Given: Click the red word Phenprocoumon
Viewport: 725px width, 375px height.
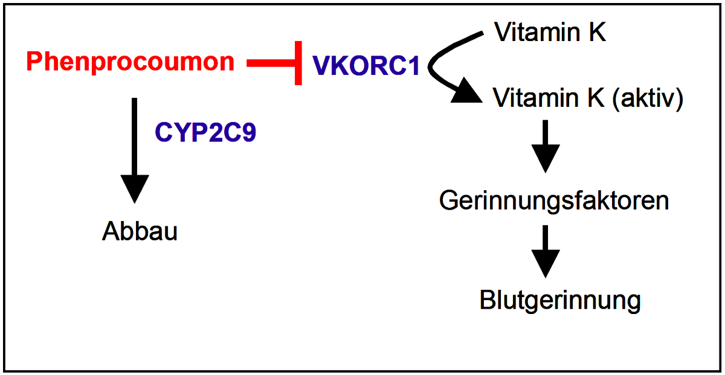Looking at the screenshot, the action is [130, 62].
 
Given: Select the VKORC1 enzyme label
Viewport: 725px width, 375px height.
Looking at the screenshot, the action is [366, 66].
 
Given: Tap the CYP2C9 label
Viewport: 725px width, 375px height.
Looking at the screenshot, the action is [205, 132].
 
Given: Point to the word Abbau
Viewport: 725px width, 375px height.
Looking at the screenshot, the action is [140, 231].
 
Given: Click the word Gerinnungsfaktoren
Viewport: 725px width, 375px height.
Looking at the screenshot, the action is [554, 201].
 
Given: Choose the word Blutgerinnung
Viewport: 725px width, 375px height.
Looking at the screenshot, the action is [560, 301].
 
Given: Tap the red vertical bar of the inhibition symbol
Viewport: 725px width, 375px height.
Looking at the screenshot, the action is [298, 63].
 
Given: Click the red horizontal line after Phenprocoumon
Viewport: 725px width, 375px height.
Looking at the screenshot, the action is [271, 63].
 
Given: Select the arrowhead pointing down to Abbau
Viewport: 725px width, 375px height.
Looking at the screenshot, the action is [135, 188].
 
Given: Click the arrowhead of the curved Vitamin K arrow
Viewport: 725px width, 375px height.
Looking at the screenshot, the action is [467, 91].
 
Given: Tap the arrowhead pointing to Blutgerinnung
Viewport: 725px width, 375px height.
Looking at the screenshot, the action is [546, 264].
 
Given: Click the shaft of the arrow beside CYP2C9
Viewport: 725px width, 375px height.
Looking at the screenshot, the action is [135, 136].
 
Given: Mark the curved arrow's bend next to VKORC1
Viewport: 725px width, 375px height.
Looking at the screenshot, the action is [430, 66].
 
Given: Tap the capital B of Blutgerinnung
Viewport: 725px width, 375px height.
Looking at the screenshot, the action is [488, 300].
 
